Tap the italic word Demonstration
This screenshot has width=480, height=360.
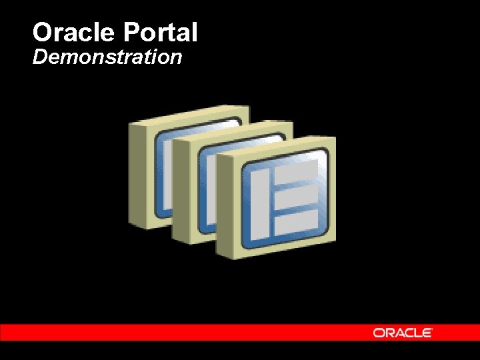(107, 57)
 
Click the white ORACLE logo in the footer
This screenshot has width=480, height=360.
(403, 332)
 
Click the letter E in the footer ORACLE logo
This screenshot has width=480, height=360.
(427, 332)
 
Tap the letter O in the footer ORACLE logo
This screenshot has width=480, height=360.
(378, 332)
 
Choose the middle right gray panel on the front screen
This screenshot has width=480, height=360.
(296, 199)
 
